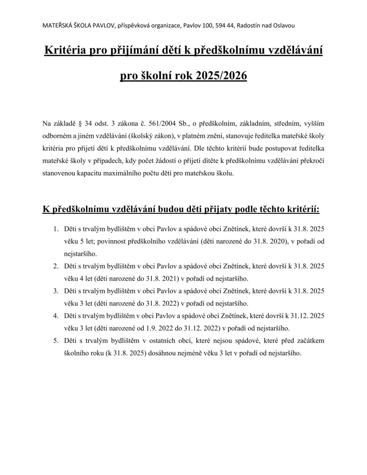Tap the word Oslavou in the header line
point(284,26)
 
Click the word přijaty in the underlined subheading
point(218,209)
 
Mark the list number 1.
point(56,229)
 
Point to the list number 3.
point(56,291)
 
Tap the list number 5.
point(56,341)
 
